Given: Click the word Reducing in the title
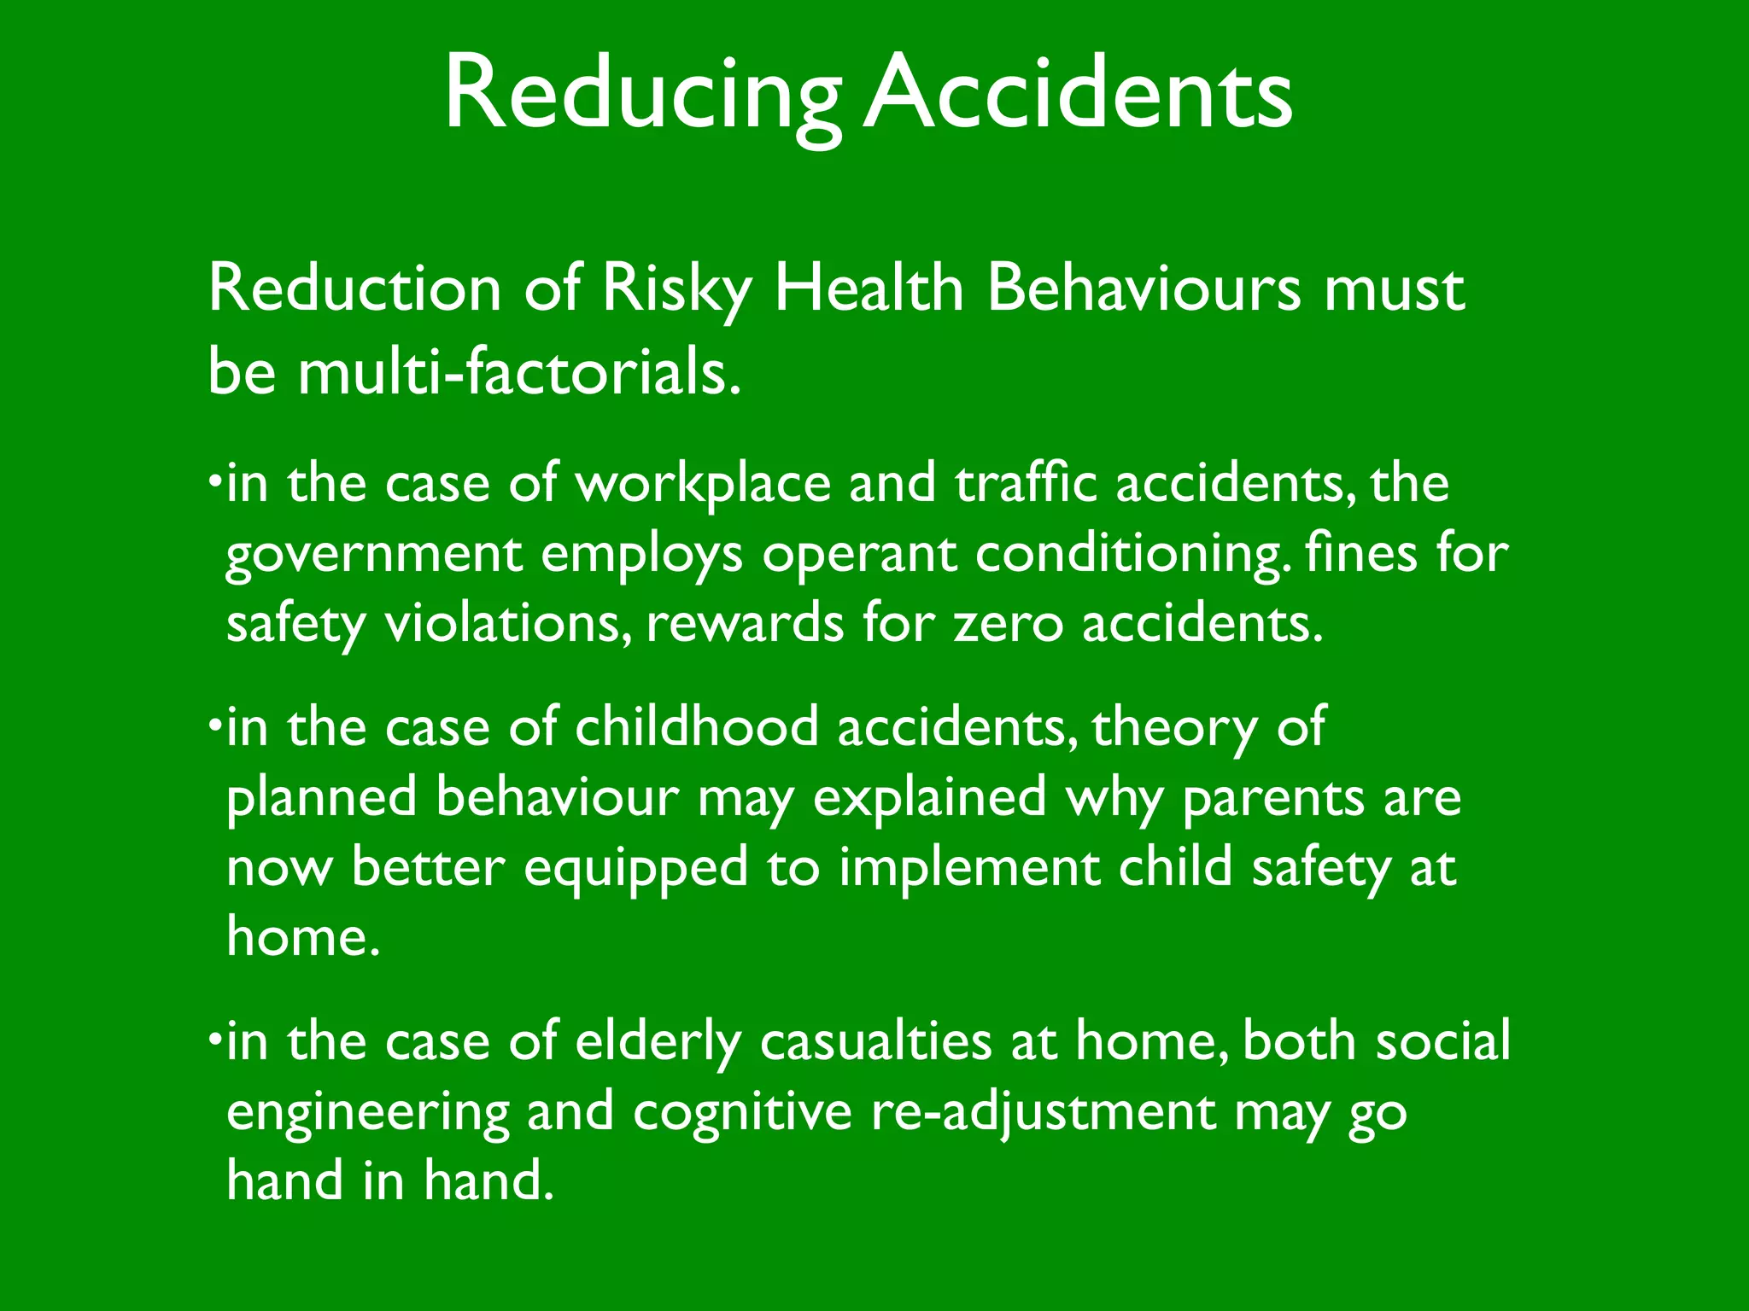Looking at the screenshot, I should tap(642, 94).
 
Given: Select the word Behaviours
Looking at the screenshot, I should tap(1144, 288).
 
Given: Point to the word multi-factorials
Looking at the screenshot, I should tap(518, 373).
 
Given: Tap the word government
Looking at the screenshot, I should tap(373, 555).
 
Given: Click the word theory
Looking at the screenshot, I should tap(1174, 729).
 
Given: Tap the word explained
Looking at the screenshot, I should tap(929, 799).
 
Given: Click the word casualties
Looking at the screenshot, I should tap(876, 1042).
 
